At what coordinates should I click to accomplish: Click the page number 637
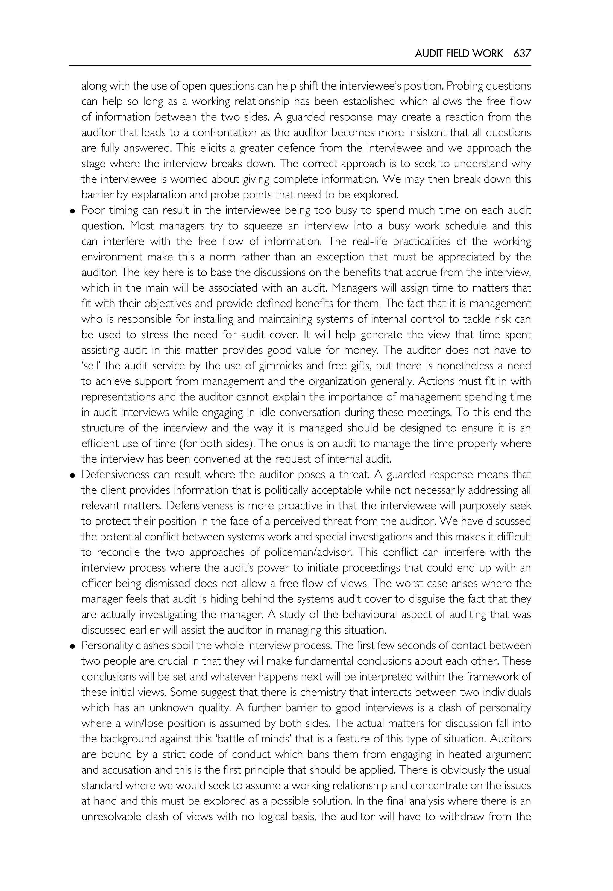[522, 54]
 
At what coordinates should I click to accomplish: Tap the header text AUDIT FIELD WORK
[459, 54]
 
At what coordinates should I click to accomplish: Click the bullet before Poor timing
[72, 211]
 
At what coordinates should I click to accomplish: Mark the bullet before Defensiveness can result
[72, 475]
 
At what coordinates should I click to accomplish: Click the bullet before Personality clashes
[72, 646]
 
